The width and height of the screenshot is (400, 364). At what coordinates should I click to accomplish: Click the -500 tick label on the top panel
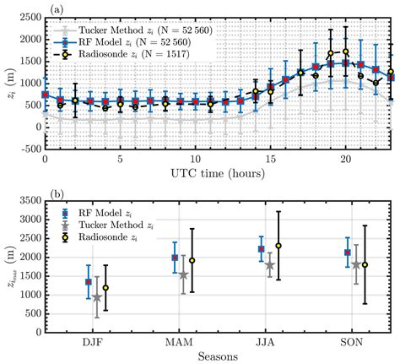coord(26,149)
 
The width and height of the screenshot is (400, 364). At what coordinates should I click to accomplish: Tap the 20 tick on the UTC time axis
coord(345,159)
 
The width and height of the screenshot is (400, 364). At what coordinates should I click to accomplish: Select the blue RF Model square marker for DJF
coord(89,282)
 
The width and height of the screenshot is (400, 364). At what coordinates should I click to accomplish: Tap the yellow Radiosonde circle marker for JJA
coord(278,246)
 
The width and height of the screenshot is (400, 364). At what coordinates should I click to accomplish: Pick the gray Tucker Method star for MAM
coord(183,274)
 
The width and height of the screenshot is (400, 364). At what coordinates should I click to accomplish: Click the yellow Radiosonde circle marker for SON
coord(365,264)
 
